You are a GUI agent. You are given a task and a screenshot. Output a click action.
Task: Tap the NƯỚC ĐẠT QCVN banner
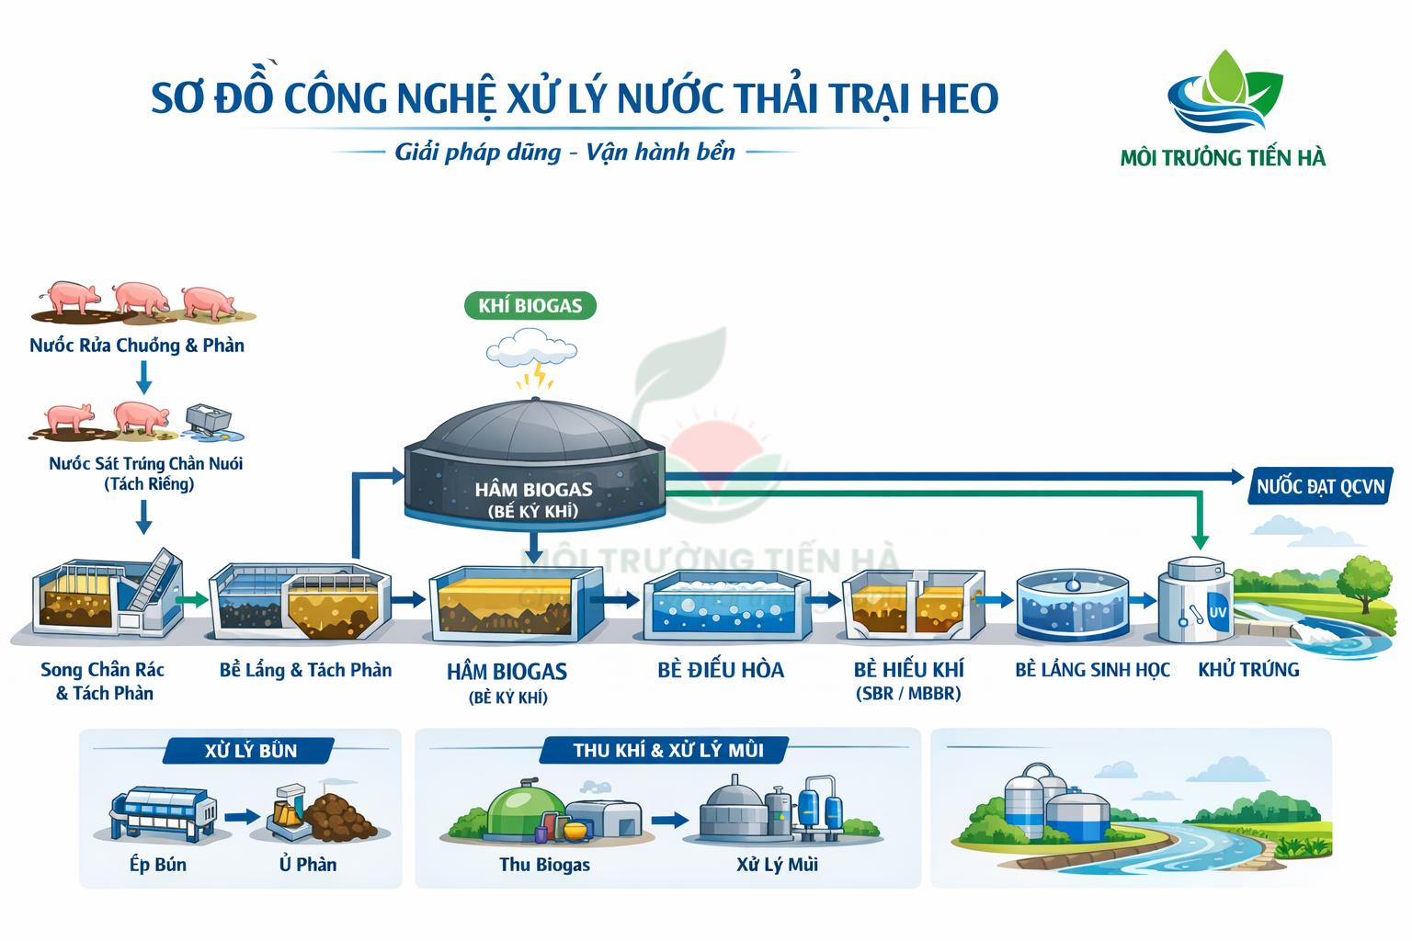coord(1319,485)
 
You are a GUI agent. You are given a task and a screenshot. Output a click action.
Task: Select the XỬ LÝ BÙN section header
coord(250,750)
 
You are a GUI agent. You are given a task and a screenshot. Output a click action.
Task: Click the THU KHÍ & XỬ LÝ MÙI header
coord(667,750)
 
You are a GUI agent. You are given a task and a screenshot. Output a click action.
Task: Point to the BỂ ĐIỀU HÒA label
coord(721,670)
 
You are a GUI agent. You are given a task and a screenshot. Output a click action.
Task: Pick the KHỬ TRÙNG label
coord(1248,670)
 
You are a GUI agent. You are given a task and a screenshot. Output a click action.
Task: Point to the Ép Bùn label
coord(157,865)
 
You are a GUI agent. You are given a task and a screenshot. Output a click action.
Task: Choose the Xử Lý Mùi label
coord(777,865)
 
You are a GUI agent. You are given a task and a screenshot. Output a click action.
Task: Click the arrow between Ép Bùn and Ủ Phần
coord(242,815)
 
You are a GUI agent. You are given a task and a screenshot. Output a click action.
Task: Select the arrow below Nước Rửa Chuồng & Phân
coord(143,376)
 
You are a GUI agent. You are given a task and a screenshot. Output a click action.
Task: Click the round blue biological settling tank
coord(1072,606)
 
